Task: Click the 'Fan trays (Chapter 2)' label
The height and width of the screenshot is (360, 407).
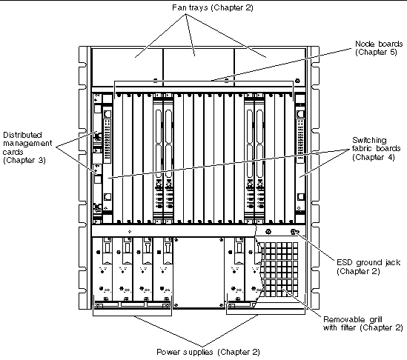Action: pyautogui.click(x=212, y=7)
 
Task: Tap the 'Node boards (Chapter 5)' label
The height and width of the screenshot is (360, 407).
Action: pyautogui.click(x=379, y=47)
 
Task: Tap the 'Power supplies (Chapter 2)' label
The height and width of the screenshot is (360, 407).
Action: pyautogui.click(x=208, y=352)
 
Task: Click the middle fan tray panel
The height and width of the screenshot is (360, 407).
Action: pyautogui.click(x=199, y=67)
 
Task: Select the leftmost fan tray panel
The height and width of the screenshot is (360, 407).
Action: pyautogui.click(x=128, y=67)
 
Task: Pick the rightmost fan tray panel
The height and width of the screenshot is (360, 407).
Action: pyautogui.click(x=270, y=67)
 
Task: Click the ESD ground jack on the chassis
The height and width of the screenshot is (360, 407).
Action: pyautogui.click(x=294, y=232)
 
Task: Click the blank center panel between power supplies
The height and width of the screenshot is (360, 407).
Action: pyautogui.click(x=199, y=273)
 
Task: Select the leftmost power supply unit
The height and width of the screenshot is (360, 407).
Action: pyautogui.click(x=102, y=270)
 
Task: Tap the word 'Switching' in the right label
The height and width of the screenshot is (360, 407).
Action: pyautogui.click(x=369, y=140)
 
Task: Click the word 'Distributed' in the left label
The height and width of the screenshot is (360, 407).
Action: pyautogui.click(x=22, y=135)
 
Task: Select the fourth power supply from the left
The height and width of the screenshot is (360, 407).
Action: pyautogui.click(x=162, y=270)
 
